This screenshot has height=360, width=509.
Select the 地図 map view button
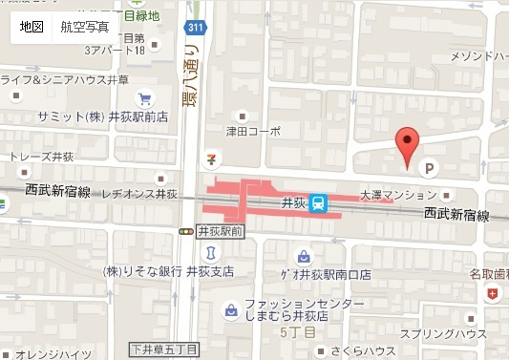pyautogui.click(x=32, y=27)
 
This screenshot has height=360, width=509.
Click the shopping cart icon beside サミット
pyautogui.click(x=143, y=98)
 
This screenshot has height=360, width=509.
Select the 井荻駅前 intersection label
pyautogui.click(x=221, y=231)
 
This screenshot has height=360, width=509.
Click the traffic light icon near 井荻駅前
pyautogui.click(x=185, y=231)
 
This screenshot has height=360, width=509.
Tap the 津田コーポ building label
pyautogui.click(x=253, y=132)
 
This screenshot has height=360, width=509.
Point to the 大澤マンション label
pyautogui.click(x=396, y=194)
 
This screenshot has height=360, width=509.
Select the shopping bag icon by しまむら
pyautogui.click(x=231, y=310)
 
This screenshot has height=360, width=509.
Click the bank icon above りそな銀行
pyautogui.click(x=212, y=252)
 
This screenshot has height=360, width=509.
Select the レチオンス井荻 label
pyautogui.click(x=139, y=195)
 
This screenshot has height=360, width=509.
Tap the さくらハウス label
pyautogui.click(x=364, y=350)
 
